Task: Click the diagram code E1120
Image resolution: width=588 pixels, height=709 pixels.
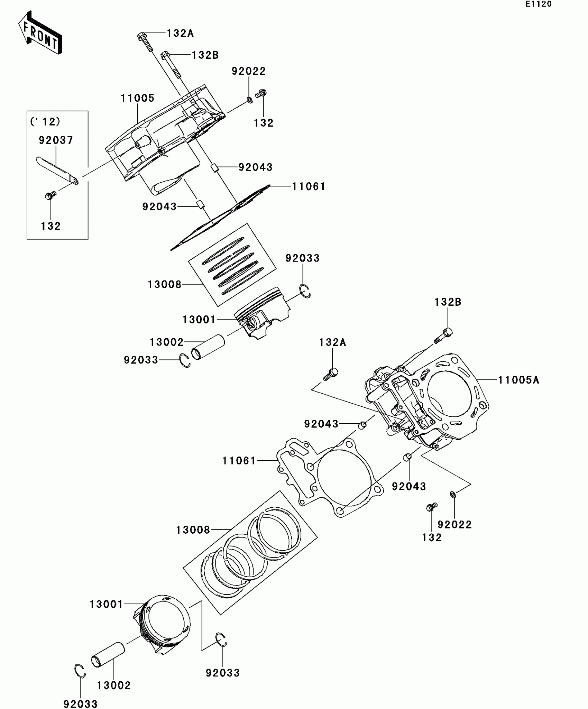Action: [539, 4]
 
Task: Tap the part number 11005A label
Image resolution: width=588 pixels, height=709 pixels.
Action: [518, 380]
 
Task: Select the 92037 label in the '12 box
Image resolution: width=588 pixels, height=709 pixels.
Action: [56, 140]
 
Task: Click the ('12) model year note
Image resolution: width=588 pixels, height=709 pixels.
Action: [45, 122]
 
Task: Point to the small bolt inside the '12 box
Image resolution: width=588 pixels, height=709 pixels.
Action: [50, 195]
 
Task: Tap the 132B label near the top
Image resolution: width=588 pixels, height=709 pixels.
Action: [205, 55]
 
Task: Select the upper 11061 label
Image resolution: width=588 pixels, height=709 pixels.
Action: [309, 187]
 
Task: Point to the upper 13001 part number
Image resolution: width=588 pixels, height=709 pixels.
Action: [199, 320]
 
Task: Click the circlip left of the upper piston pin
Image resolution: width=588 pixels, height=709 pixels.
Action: [185, 361]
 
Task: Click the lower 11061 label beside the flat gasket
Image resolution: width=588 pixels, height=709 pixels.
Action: [239, 461]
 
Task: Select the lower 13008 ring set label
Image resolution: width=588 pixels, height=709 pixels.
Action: [193, 530]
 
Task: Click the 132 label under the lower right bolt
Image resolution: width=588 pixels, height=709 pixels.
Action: [432, 537]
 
